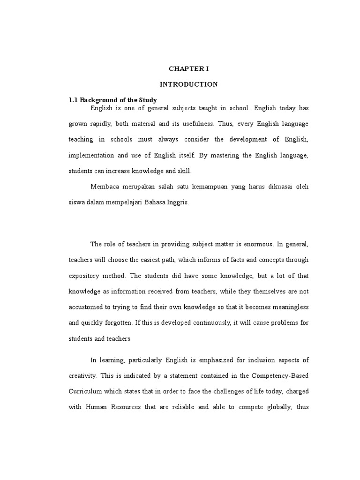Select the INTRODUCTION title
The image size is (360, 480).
click(189, 84)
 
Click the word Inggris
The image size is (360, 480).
click(161, 202)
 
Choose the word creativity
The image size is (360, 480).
click(84, 375)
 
